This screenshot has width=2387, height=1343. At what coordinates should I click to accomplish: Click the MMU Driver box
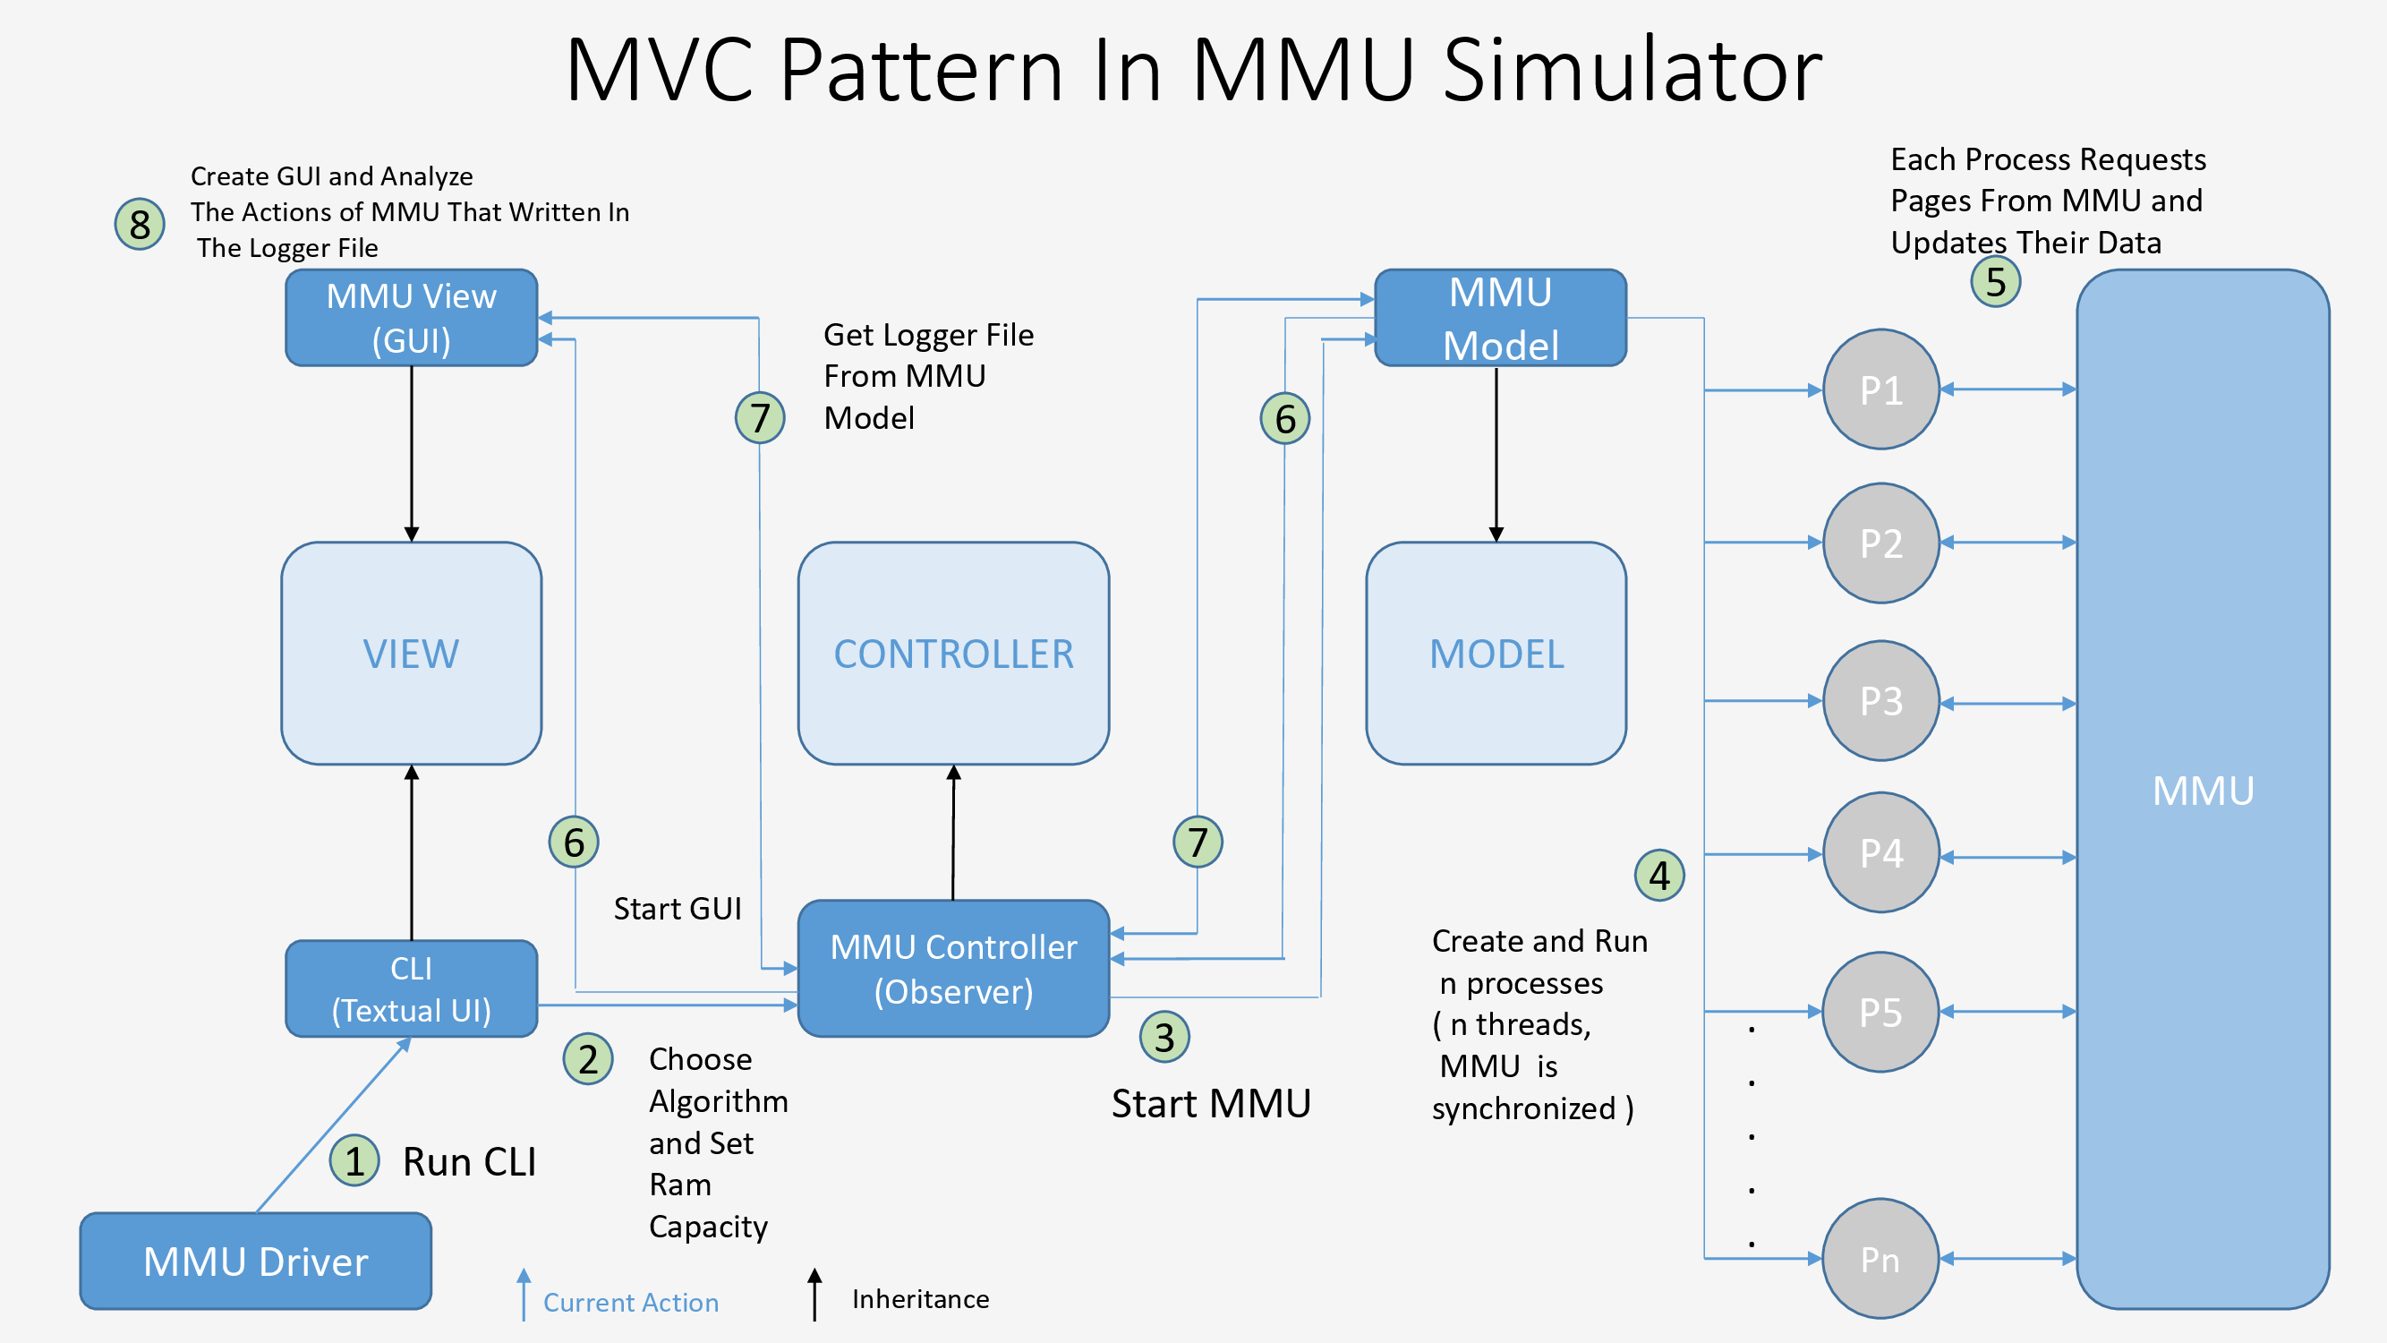(x=256, y=1261)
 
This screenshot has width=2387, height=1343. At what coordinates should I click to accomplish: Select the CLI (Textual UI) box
(x=412, y=989)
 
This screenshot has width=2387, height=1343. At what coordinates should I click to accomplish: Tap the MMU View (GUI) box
(x=412, y=318)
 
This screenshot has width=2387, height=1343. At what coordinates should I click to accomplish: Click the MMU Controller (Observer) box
(x=953, y=969)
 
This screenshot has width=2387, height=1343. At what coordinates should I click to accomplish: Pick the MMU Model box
(x=1500, y=318)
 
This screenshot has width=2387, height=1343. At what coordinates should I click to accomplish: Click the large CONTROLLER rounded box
(x=953, y=654)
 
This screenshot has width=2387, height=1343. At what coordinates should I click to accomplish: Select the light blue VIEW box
(x=412, y=654)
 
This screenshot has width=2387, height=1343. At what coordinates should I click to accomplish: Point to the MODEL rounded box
(x=1496, y=654)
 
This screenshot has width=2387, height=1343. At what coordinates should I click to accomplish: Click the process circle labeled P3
(x=1880, y=702)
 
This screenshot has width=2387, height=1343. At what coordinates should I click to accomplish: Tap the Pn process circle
(x=1880, y=1260)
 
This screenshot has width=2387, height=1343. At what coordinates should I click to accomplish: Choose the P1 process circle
(x=1880, y=390)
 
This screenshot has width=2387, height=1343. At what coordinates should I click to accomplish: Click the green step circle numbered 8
(x=140, y=225)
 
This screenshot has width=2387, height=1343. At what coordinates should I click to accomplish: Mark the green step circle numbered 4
(x=1659, y=876)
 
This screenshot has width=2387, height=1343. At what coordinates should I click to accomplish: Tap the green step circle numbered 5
(x=1996, y=282)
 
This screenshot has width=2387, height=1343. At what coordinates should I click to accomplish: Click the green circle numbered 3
(x=1164, y=1037)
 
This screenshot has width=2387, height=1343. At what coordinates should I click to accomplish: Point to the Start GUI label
(x=678, y=908)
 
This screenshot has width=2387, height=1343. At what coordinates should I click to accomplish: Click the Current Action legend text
(x=630, y=1302)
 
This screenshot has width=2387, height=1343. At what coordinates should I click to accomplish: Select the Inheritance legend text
(x=920, y=1299)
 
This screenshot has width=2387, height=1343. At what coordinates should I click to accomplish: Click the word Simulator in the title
(x=1633, y=70)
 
